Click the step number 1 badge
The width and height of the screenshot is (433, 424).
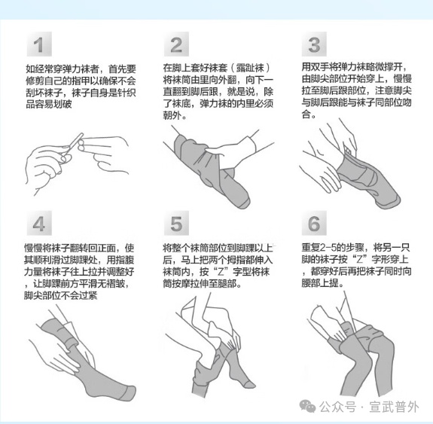(38, 44)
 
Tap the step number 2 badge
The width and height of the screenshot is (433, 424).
(175, 44)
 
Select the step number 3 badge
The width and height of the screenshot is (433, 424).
(314, 44)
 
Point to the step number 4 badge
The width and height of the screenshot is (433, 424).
(38, 224)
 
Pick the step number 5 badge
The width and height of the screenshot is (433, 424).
(175, 224)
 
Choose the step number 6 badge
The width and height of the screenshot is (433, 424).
(314, 224)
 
